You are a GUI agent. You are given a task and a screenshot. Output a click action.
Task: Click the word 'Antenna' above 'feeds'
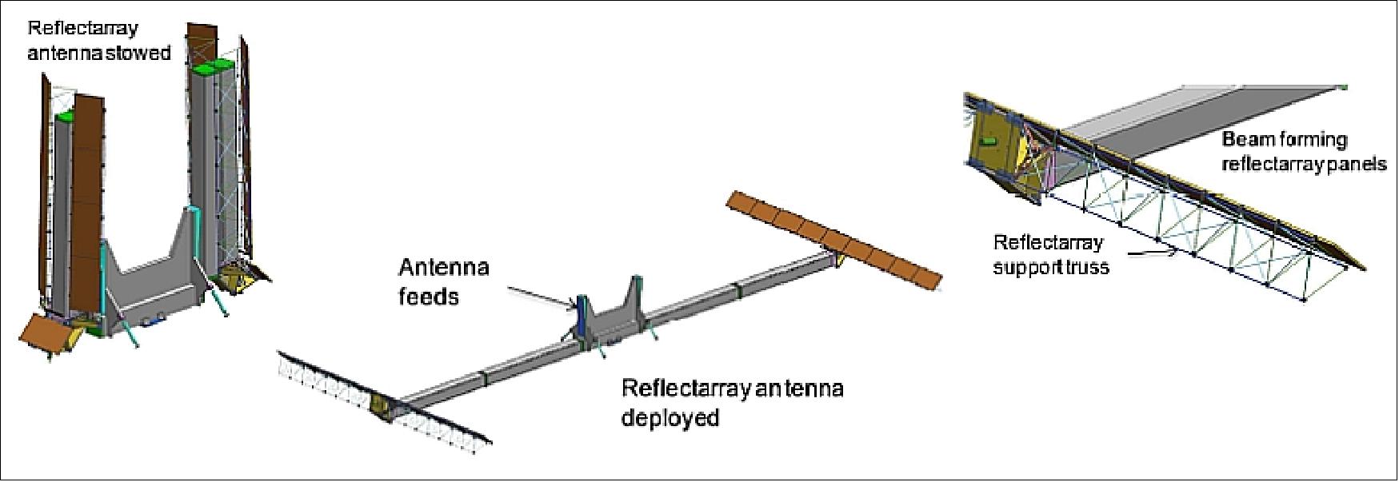443,267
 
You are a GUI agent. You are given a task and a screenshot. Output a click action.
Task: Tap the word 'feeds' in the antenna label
429,297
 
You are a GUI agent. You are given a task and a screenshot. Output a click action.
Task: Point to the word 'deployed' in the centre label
670,417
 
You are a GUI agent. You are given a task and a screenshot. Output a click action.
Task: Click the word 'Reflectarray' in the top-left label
82,29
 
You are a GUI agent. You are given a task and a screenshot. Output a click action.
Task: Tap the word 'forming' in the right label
1312,140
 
